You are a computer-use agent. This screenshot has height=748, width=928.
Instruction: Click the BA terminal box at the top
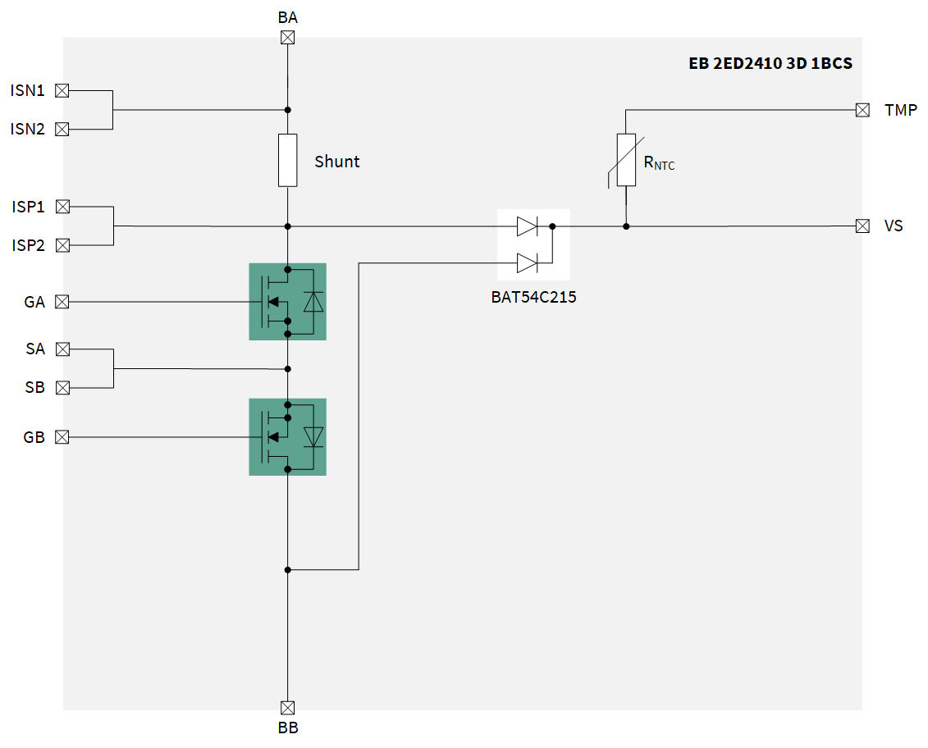click(x=288, y=38)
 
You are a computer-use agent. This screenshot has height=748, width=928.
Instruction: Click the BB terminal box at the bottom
click(x=288, y=707)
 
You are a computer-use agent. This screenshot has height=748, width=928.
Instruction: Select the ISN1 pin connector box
click(x=62, y=90)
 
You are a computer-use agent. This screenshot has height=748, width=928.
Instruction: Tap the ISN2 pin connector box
click(x=62, y=129)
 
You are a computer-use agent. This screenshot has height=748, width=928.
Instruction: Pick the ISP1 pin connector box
click(x=62, y=207)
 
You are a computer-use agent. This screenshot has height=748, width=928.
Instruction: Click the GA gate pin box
click(x=62, y=302)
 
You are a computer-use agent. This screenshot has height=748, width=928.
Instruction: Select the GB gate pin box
click(x=62, y=437)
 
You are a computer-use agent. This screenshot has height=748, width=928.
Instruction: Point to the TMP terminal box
click(x=862, y=110)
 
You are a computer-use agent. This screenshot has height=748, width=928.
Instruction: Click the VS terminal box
click(x=862, y=226)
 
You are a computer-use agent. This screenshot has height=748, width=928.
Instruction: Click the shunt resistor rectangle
click(x=288, y=160)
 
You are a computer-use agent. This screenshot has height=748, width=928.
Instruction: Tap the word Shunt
click(x=337, y=162)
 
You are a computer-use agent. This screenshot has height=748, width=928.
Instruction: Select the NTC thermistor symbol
click(x=626, y=160)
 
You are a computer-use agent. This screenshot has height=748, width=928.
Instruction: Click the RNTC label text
click(x=659, y=163)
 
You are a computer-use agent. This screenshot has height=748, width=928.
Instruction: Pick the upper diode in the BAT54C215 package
click(x=527, y=226)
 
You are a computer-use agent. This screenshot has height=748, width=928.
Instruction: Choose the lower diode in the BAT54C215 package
click(x=527, y=263)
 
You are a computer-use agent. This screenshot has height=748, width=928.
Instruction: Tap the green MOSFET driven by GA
click(x=287, y=302)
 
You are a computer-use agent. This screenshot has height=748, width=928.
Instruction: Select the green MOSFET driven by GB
click(x=287, y=437)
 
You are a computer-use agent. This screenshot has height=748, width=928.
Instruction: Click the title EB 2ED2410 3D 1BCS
click(x=770, y=63)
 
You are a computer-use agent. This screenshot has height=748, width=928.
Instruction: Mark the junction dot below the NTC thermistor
click(x=626, y=226)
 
